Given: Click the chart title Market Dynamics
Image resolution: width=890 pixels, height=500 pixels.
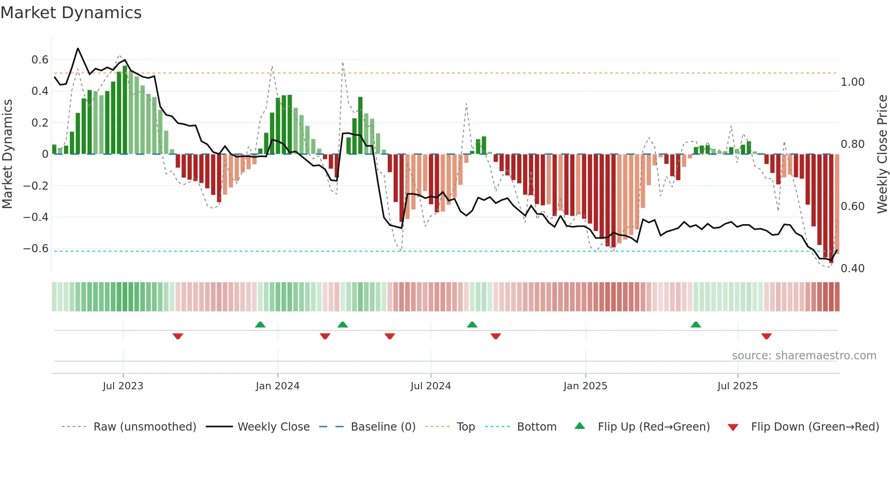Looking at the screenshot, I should (x=71, y=13).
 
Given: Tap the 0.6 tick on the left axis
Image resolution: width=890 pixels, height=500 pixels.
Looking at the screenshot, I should (x=40, y=60).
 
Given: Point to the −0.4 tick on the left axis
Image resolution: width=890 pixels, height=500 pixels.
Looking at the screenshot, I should (x=36, y=217).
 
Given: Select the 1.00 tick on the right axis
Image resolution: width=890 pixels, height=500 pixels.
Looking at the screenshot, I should (x=852, y=82).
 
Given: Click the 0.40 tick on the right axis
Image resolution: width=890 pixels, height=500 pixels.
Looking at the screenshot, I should (x=852, y=269).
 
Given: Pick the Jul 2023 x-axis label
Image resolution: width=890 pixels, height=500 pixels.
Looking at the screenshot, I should (x=123, y=386).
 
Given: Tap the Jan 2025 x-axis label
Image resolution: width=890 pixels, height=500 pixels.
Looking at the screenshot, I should (x=585, y=386).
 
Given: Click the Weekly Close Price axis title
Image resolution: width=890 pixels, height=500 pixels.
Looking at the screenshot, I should (x=882, y=154).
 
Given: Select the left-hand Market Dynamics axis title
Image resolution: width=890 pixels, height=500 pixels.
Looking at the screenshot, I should (x=7, y=154).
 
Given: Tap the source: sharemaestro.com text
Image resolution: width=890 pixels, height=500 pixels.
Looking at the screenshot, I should (x=804, y=356).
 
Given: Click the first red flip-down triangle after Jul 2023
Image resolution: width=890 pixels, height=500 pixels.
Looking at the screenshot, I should (x=178, y=336).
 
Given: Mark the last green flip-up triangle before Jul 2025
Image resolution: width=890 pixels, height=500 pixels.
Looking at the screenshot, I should (x=696, y=324).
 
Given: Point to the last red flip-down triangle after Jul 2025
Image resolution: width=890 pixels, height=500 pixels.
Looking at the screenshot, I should (x=766, y=336).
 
